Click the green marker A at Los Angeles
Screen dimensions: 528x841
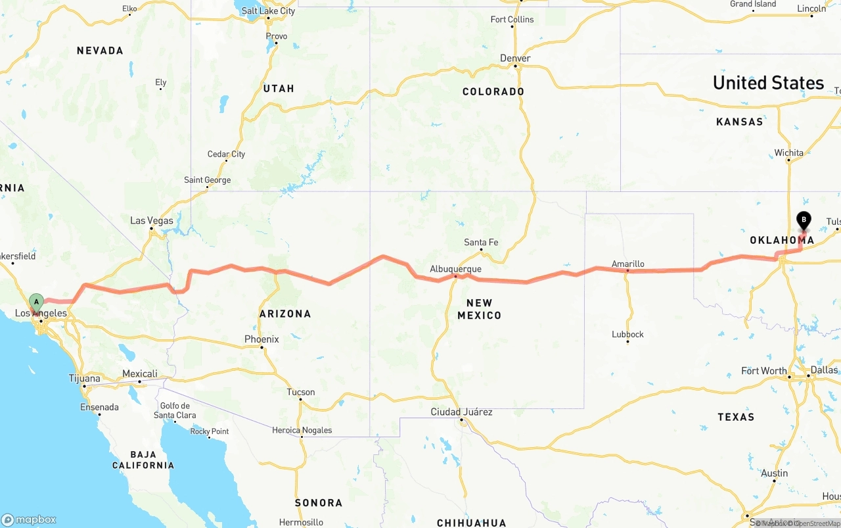point(37,302)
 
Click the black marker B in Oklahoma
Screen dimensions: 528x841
point(804,220)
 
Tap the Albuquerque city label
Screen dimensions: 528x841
point(455,269)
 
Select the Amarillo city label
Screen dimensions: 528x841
point(627,264)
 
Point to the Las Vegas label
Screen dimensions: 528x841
point(151,220)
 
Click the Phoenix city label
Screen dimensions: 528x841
point(261,339)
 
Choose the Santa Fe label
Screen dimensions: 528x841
point(481,243)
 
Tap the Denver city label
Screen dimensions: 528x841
point(515,59)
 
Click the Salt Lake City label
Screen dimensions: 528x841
point(268,11)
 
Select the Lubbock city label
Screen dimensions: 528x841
point(627,334)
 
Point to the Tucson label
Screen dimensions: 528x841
point(301,392)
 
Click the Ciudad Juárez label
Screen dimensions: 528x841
point(461,412)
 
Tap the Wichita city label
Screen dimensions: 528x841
point(788,153)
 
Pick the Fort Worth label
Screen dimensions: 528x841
point(763,371)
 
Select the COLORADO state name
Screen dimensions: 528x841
point(493,91)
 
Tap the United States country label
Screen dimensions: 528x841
point(768,83)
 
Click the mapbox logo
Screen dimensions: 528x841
point(29,519)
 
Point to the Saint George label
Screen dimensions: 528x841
point(207,180)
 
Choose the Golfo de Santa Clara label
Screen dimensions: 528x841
point(175,410)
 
